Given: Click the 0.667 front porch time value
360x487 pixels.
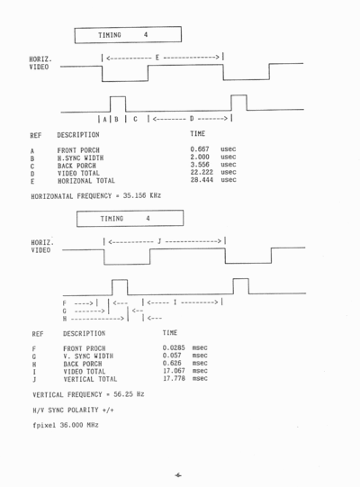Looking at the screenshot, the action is pyautogui.click(x=200, y=149).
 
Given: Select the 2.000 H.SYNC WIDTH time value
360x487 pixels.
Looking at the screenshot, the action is pyautogui.click(x=200, y=157).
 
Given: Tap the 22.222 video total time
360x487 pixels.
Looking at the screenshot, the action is pyautogui.click(x=202, y=172).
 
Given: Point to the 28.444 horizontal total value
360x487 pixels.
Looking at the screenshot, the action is pyautogui.click(x=202, y=180).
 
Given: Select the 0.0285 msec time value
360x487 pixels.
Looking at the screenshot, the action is pyautogui.click(x=174, y=347).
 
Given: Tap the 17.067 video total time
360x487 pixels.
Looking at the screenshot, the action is pyautogui.click(x=174, y=371).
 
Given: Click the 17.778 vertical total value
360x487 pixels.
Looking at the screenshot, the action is pyautogui.click(x=174, y=378).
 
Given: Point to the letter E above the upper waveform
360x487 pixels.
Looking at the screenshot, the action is pyautogui.click(x=157, y=58).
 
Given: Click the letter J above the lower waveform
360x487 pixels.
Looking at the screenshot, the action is pyautogui.click(x=159, y=241).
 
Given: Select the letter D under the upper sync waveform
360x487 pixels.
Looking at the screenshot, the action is pyautogui.click(x=192, y=118).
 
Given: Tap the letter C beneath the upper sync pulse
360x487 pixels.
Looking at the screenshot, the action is pyautogui.click(x=135, y=119).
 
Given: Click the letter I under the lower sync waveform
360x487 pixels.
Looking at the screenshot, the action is pyautogui.click(x=175, y=302).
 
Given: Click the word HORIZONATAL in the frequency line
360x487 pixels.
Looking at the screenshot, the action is pyautogui.click(x=52, y=196).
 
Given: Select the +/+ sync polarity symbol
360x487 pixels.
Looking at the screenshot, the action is pyautogui.click(x=108, y=410).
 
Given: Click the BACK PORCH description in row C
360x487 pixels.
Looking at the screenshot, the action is pyautogui.click(x=76, y=166).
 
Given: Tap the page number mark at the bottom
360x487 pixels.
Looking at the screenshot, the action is pyautogui.click(x=178, y=475).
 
